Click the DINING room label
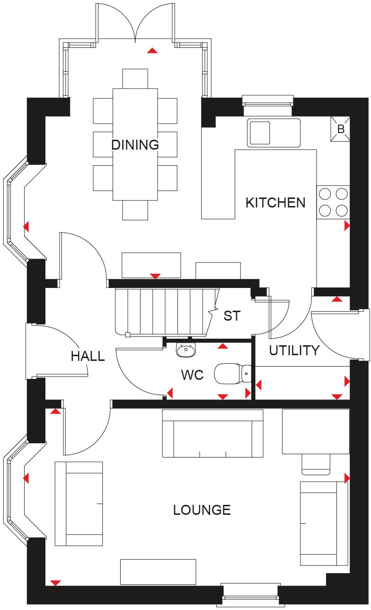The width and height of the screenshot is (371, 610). [x=135, y=144]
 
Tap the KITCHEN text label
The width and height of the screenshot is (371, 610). [x=275, y=203]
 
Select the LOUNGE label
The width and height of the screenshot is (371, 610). [x=202, y=510]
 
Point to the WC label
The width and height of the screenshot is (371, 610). [x=192, y=375]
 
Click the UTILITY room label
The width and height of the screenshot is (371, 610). [x=294, y=350]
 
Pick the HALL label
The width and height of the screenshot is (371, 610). [x=88, y=356]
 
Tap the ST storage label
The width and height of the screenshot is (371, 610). [x=232, y=316]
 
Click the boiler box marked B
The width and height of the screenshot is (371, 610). [x=340, y=129]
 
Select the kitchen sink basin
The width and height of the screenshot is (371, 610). [x=260, y=133]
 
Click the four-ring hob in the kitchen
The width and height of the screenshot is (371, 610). [x=333, y=202]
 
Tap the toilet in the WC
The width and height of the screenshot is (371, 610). [x=233, y=373]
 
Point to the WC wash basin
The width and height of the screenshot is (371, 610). [x=186, y=350]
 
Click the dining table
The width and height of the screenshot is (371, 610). [x=135, y=144]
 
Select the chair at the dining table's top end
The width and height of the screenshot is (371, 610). [x=135, y=79]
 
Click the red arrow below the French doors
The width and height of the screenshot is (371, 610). [x=152, y=50]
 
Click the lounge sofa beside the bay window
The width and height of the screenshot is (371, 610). [x=79, y=503]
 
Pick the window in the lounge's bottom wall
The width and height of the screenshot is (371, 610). [x=250, y=595]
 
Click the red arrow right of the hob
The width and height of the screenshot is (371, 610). [x=347, y=226]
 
